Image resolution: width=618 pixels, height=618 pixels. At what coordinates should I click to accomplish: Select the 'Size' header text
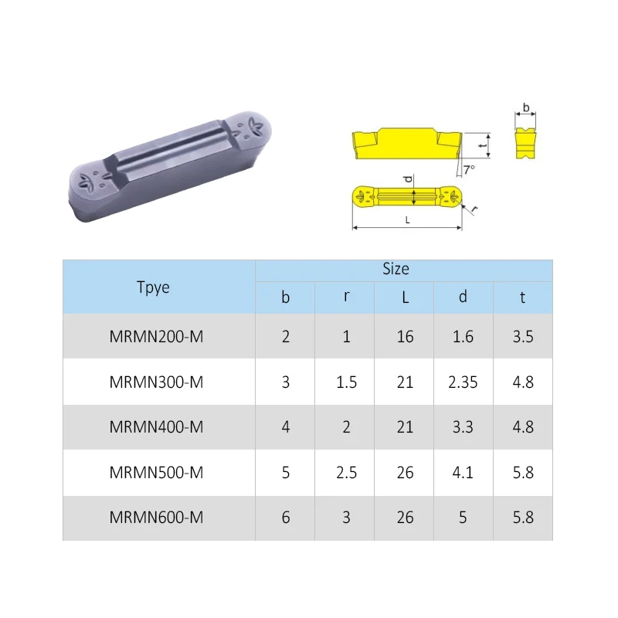pos(396,269)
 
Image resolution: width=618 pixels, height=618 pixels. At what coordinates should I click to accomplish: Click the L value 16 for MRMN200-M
pos(405,337)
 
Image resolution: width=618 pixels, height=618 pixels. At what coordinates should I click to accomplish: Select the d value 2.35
pos(463,382)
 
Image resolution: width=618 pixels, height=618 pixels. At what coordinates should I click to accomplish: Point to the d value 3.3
pos(463,427)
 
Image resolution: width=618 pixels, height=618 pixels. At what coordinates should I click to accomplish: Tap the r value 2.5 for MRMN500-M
pos(347,472)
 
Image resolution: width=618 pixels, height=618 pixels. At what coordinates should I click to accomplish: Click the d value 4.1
pos(463,472)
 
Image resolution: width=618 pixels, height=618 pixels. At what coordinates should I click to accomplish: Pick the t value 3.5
pos(523,337)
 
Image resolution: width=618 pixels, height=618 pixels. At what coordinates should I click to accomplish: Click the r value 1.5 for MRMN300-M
pos(347,382)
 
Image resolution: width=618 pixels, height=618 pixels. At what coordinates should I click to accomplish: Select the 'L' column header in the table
pos(405,297)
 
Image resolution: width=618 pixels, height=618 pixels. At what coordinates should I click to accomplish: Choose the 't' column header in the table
pos(523,297)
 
